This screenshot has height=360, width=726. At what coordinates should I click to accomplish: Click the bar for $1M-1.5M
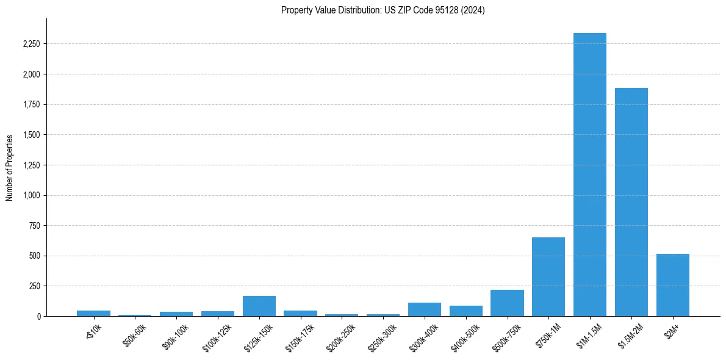590,175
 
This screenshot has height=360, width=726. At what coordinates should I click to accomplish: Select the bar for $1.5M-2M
631,202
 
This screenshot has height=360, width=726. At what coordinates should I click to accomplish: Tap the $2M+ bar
672,285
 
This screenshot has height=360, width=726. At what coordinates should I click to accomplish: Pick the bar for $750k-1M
548,276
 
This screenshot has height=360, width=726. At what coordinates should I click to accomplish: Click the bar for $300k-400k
425,309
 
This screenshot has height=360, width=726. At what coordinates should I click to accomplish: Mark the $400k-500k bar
466,311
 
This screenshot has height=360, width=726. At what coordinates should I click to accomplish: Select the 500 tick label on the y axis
35,256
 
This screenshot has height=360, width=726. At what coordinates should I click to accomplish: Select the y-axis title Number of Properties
10,167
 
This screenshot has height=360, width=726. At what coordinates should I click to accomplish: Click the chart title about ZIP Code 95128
383,10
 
